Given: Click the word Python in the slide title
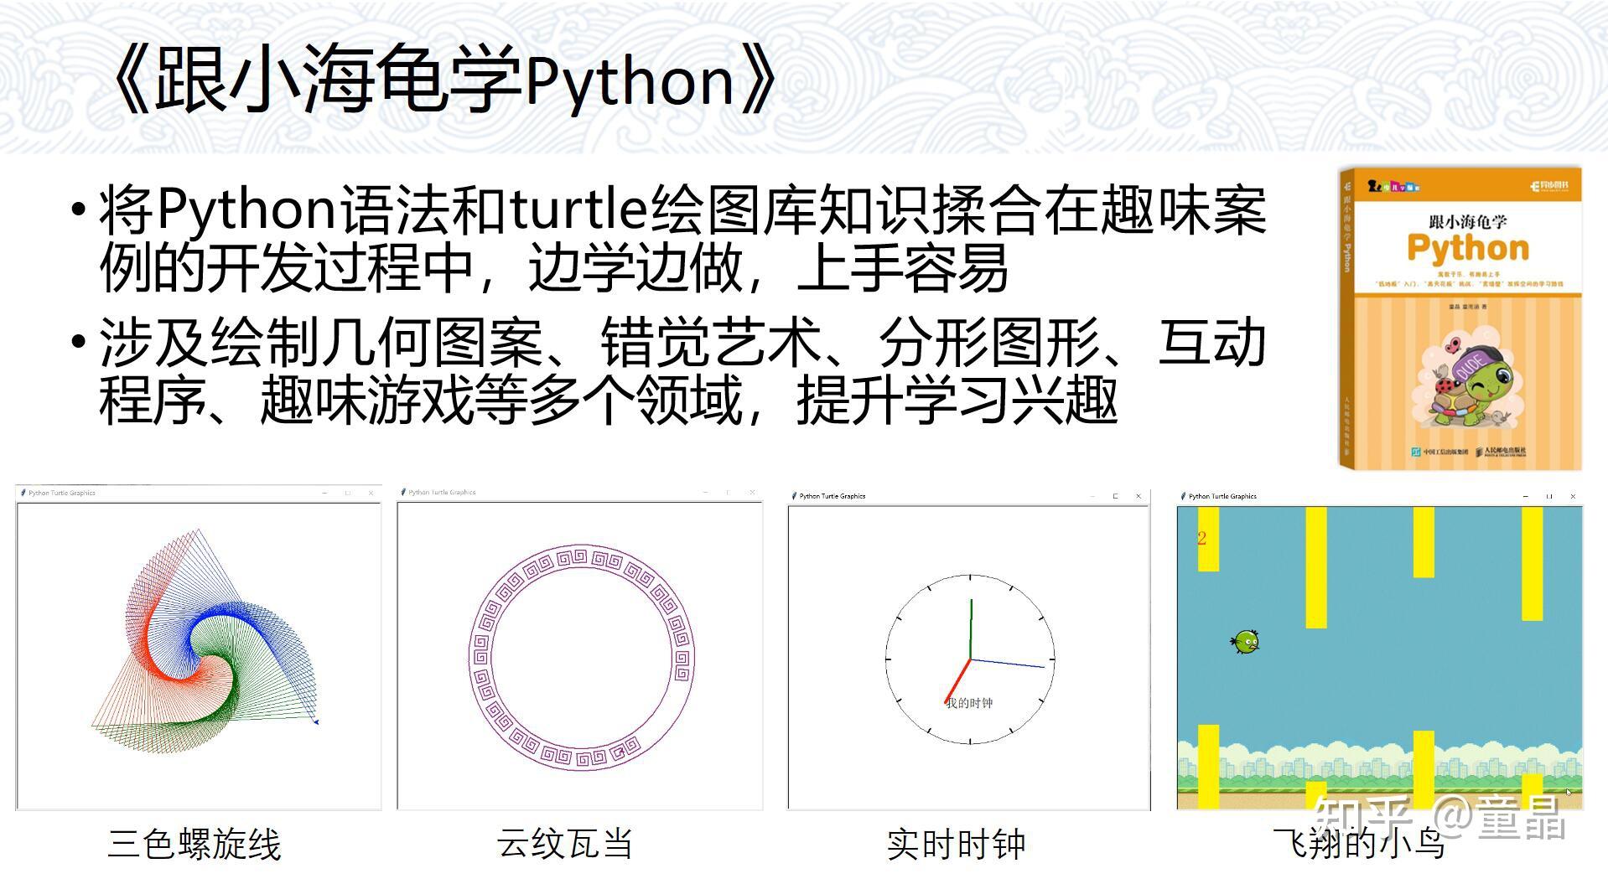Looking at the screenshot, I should pyautogui.click(x=630, y=81).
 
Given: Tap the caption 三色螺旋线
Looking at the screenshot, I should pyautogui.click(x=194, y=844).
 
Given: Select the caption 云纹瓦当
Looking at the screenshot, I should pyautogui.click(x=564, y=843).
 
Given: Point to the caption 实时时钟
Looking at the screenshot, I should pyautogui.click(x=956, y=844).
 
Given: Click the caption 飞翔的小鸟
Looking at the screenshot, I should pyautogui.click(x=1358, y=844).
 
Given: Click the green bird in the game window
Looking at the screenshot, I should pyautogui.click(x=1246, y=642).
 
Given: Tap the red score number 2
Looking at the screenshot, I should pyautogui.click(x=1201, y=539).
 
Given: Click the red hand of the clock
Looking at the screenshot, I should pyautogui.click(x=957, y=681).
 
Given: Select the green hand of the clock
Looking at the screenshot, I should pyautogui.click(x=971, y=628).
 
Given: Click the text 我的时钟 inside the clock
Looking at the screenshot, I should pyautogui.click(x=969, y=703).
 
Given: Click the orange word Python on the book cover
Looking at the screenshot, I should pyautogui.click(x=1467, y=248).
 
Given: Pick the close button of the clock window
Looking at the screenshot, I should pyautogui.click(x=1138, y=496).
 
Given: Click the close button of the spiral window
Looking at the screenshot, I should pyautogui.click(x=371, y=493).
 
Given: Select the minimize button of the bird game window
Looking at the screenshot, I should pyautogui.click(x=1525, y=496).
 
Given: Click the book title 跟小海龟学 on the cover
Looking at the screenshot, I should pyautogui.click(x=1467, y=222).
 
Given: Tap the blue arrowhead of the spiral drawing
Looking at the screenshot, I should pyautogui.click(x=315, y=721).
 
